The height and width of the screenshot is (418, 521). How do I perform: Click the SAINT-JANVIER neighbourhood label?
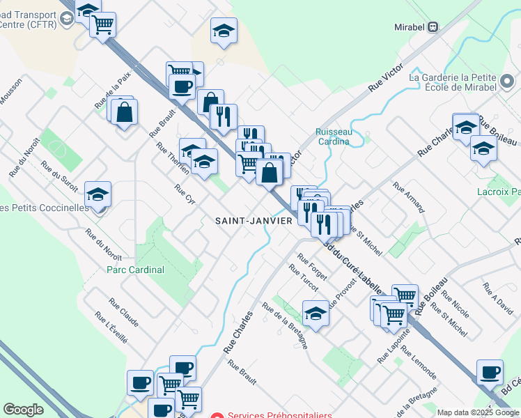pyautogui.click(x=254, y=220)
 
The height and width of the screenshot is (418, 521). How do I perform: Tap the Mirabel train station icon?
pyautogui.click(x=433, y=27)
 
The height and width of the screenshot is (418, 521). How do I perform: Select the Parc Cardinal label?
pyautogui.click(x=135, y=270)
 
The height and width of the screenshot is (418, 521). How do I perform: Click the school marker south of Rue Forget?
pyautogui.click(x=316, y=313)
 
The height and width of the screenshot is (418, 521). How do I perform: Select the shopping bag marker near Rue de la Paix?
pyautogui.click(x=124, y=112)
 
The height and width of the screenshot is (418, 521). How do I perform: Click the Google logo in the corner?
pyautogui.click(x=23, y=410)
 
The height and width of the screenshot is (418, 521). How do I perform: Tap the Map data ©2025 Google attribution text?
pyautogui.click(x=477, y=412)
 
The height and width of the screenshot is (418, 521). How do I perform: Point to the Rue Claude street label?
pyautogui.click(x=123, y=313)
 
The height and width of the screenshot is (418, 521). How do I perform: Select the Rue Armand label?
pyautogui.click(x=408, y=197)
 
